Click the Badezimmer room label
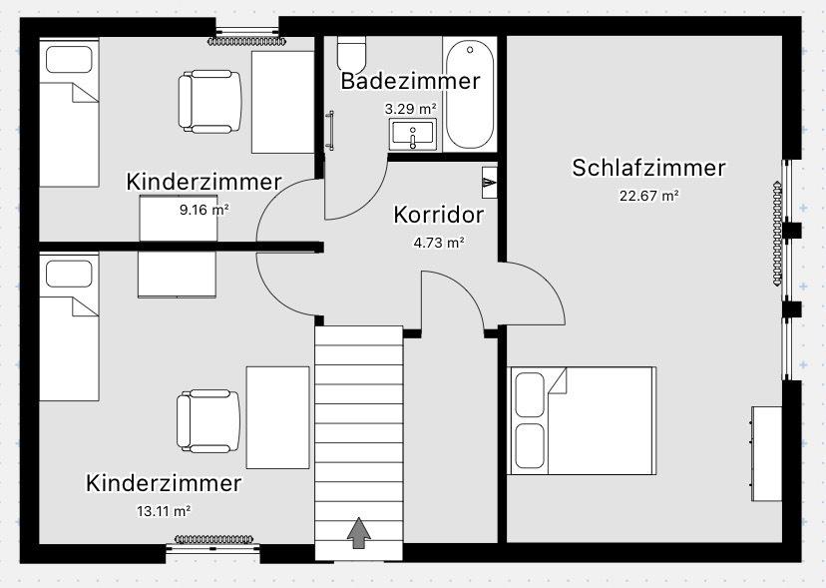coord(410,81)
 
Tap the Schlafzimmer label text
coord(648,168)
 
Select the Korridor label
coord(438,215)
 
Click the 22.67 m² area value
coord(648,196)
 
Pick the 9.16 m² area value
coord(204,210)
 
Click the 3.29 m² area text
coord(410,107)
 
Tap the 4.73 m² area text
coord(438,242)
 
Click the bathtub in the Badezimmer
coord(467,95)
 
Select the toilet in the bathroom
coord(351,51)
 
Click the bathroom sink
coord(413,133)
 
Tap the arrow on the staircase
coord(358,533)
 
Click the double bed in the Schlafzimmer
coord(583,420)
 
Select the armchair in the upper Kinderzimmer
coord(210,102)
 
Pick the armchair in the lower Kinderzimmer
coord(208,419)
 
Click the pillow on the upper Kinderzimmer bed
coord(69,60)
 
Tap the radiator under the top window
coord(246,41)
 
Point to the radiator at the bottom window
coord(216,540)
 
